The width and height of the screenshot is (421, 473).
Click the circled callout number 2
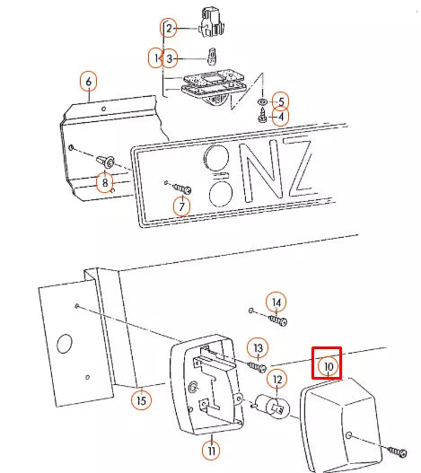pyautogui.click(x=169, y=29)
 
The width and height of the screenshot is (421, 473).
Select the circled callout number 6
pyautogui.click(x=89, y=82)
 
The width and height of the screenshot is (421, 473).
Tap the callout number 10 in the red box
pyautogui.click(x=329, y=366)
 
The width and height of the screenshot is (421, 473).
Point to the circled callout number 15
pyautogui.click(x=141, y=400)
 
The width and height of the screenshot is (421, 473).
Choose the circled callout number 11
pyautogui.click(x=211, y=451)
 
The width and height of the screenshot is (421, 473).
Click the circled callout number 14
pyautogui.click(x=276, y=302)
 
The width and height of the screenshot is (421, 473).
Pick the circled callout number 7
pyautogui.click(x=181, y=207)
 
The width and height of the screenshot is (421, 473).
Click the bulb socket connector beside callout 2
pyautogui.click(x=213, y=22)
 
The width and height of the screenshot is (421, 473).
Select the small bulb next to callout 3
pyautogui.click(x=213, y=57)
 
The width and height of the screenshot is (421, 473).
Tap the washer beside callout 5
pyautogui.click(x=262, y=102)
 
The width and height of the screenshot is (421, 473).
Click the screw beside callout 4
pyautogui.click(x=263, y=117)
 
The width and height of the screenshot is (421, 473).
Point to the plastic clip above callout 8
pyautogui.click(x=105, y=162)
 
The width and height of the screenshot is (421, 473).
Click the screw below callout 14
pyautogui.click(x=277, y=320)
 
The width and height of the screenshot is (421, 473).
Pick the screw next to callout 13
pyautogui.click(x=257, y=367)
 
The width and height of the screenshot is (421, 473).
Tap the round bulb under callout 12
pyautogui.click(x=273, y=407)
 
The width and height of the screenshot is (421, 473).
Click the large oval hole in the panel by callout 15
pyautogui.click(x=65, y=343)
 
